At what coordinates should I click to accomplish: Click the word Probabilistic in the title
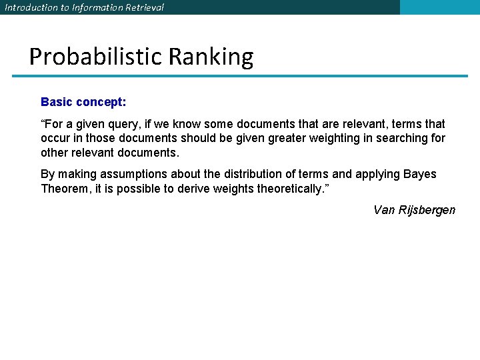[x=96, y=57]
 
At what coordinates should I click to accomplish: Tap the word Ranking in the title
[x=211, y=57]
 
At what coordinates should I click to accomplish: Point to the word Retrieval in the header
[x=145, y=7]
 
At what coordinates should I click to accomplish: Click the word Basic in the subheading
[x=57, y=103]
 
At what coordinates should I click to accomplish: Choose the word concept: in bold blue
[x=101, y=103]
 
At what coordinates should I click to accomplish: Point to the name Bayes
[x=420, y=174]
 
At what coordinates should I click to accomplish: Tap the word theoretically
[x=290, y=189]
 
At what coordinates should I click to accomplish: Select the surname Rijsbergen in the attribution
[x=427, y=211]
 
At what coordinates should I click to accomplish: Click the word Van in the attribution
[x=384, y=210]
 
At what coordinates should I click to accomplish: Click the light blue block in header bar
[x=439, y=7]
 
